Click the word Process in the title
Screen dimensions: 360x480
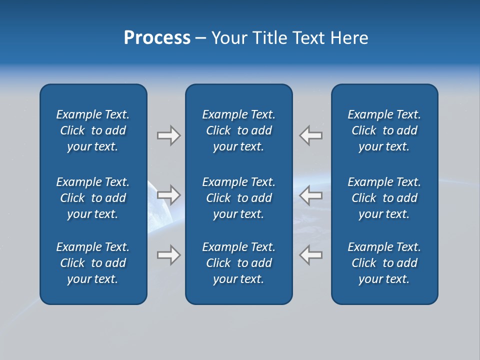tap(157, 38)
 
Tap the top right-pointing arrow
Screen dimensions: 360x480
tap(169, 135)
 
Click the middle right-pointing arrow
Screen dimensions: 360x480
tap(169, 194)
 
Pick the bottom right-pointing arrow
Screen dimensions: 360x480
tap(169, 255)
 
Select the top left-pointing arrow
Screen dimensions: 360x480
tap(310, 135)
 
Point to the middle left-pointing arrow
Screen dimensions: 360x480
tap(310, 194)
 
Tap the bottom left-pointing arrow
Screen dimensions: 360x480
tap(310, 255)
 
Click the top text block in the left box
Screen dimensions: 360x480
tap(93, 130)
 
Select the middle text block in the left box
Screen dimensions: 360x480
tap(93, 198)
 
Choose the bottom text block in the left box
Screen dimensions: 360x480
tap(93, 263)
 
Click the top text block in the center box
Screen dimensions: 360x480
tap(238, 130)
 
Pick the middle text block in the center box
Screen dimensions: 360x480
tap(238, 198)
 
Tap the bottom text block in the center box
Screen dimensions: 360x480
tap(238, 263)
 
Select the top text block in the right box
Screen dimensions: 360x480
tap(384, 130)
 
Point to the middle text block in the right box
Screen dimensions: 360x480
tap(384, 198)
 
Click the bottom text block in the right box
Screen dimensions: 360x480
tap(384, 263)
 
